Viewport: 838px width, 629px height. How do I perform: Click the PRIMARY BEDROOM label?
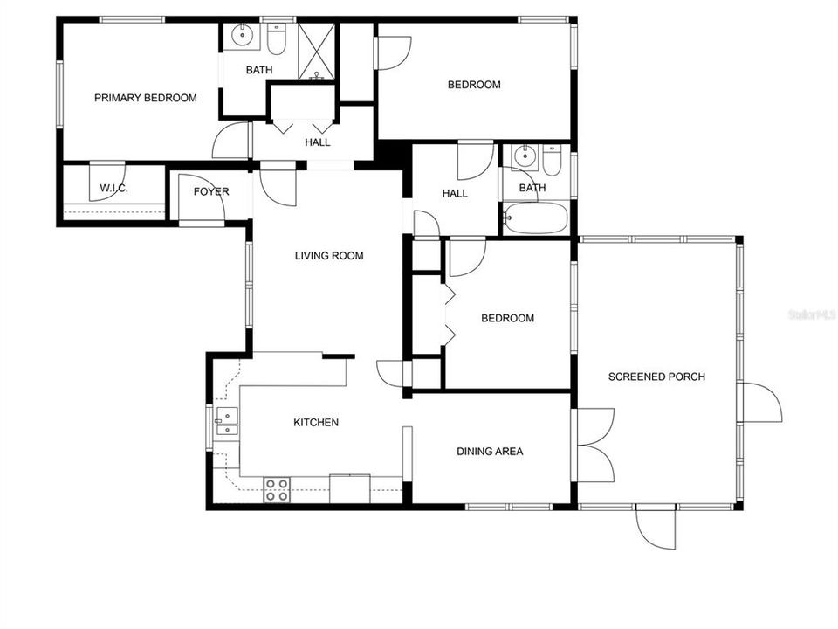point(145,98)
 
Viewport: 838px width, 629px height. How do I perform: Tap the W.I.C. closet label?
point(114,188)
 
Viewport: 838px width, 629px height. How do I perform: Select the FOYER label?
point(211,191)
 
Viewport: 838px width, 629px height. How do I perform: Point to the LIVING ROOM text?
point(328,256)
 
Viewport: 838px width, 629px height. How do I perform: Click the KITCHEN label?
point(315,423)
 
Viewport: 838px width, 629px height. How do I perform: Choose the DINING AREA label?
point(490,452)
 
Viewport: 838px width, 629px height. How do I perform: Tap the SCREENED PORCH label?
point(656,377)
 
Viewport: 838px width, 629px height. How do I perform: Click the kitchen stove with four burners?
point(278,489)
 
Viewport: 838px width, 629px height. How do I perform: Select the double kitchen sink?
point(226,422)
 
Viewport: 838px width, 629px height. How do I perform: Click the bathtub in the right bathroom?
point(536,218)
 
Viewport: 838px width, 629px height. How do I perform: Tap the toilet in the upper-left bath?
point(277,38)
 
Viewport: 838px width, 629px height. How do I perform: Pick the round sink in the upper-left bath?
point(242,37)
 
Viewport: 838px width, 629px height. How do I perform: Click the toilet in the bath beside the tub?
point(552,160)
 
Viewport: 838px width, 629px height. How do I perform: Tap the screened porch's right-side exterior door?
point(760,403)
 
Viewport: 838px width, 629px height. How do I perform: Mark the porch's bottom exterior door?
point(655,528)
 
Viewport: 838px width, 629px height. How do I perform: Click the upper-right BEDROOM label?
point(474,85)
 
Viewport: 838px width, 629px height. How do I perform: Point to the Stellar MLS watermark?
point(812,312)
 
